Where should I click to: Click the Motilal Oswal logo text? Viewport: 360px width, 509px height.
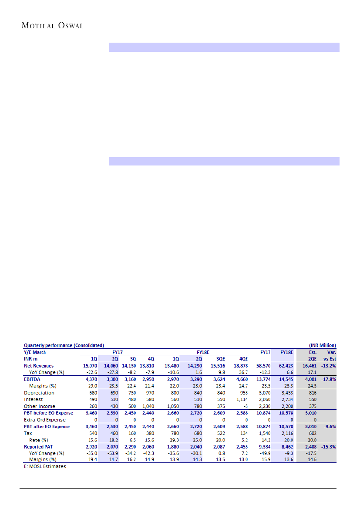[x=52, y=26]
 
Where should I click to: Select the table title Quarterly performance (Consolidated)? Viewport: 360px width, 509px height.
[x=64, y=345]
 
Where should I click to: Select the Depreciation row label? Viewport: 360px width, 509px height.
[x=39, y=393]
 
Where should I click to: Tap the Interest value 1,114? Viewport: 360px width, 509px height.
[x=240, y=399]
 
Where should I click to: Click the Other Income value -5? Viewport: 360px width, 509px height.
[x=245, y=406]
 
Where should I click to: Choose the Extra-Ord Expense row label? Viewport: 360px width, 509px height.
[x=45, y=420]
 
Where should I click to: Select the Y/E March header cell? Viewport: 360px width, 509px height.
[x=35, y=352]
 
